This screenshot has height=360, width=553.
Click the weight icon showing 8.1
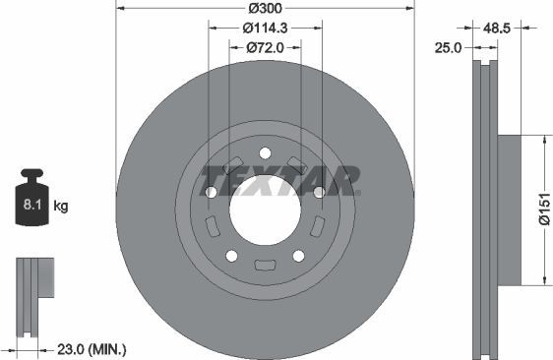31,202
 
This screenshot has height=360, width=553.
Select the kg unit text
62,207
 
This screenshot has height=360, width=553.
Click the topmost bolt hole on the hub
265,152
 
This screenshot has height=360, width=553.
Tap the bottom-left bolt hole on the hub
232,256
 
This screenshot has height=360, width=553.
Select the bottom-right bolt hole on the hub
298,256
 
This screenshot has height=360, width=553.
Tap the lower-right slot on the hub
316,227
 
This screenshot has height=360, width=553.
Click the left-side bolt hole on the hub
212,192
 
